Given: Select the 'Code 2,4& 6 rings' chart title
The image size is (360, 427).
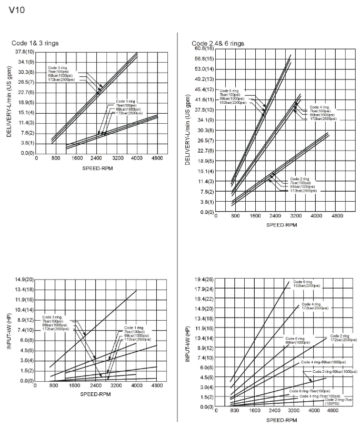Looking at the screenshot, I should (x=218, y=43).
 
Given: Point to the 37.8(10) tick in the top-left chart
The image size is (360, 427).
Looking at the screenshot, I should (x=24, y=52).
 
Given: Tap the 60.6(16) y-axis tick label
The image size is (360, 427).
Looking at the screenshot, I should (x=204, y=48).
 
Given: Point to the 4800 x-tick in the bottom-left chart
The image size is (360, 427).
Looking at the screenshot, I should (x=157, y=386).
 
